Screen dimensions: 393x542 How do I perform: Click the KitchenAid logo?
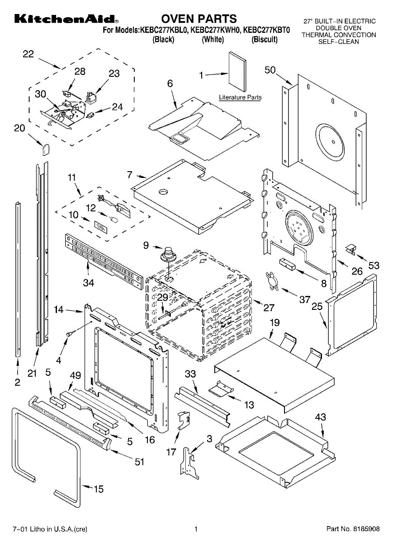point(66,19)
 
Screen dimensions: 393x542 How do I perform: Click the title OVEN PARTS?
point(199,19)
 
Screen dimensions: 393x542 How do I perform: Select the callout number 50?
point(270,70)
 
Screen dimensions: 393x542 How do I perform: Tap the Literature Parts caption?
point(240,97)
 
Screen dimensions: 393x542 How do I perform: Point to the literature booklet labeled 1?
point(237,72)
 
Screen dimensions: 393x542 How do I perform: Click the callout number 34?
point(89,283)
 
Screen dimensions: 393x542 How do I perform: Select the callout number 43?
point(321,417)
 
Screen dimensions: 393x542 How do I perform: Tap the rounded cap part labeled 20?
point(46,150)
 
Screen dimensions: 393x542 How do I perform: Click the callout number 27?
point(269,308)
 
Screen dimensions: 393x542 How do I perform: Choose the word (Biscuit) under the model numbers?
point(265,39)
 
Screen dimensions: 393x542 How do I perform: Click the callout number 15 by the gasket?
point(99,489)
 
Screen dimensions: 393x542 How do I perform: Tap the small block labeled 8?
point(287,264)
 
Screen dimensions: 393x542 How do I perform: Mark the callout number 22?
point(28,54)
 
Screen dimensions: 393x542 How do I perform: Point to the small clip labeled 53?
point(350,249)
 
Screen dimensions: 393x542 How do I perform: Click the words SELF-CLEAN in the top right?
point(338,42)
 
